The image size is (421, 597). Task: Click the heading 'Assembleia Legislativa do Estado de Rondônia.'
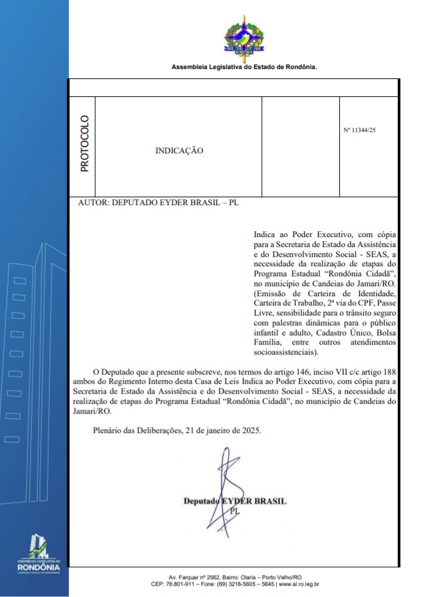(244, 67)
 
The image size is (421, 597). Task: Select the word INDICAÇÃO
(179, 151)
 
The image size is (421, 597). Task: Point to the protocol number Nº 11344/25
(359, 131)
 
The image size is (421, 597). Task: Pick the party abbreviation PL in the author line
(233, 203)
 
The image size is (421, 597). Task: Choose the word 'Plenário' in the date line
(111, 430)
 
